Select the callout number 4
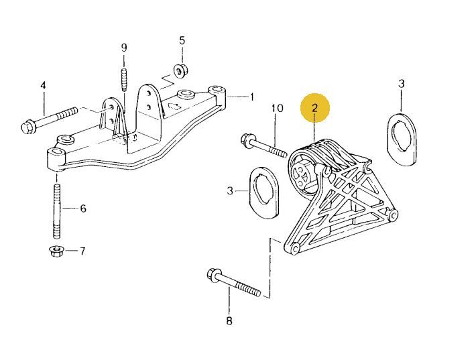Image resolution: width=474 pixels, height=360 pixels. tap(44, 86)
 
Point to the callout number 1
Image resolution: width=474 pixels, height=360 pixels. tap(252, 97)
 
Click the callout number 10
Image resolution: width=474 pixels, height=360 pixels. tap(277, 108)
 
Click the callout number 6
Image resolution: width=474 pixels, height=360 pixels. tap(83, 208)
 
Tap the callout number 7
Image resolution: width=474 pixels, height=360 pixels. tap(82, 251)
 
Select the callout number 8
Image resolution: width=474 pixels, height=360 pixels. tap(229, 321)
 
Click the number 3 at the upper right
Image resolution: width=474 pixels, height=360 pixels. tap(401, 84)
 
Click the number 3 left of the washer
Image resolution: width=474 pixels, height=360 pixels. tap(229, 191)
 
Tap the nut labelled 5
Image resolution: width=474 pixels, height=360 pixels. tap(180, 70)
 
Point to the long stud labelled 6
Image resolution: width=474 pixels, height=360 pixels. tap(56, 211)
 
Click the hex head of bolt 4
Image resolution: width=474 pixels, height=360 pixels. tap(29, 125)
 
